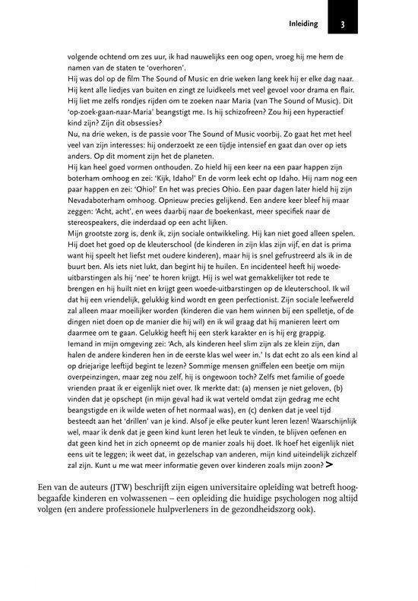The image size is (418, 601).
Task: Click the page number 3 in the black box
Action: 344,24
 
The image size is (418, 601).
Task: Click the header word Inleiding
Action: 302,24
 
